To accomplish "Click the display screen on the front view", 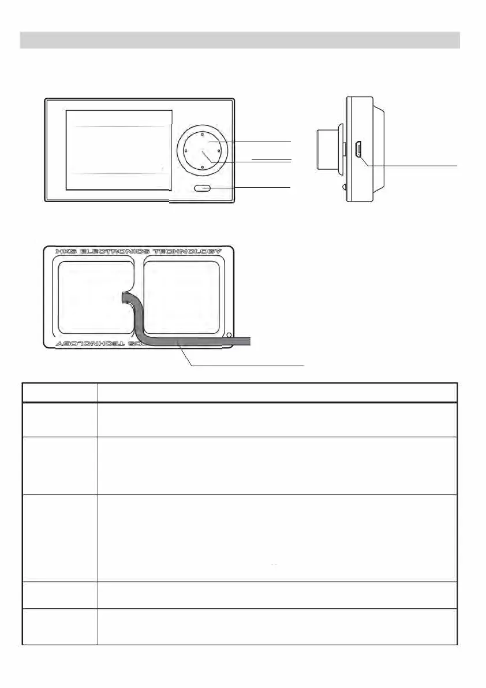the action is tap(118, 150).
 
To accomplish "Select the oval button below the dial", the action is tap(203, 188).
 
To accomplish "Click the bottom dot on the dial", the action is tap(203, 167).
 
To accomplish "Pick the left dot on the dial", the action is tap(185, 150).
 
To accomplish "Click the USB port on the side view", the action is tap(358, 150).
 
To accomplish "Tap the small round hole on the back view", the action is tap(229, 335).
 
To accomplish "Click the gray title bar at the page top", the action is tap(240, 40).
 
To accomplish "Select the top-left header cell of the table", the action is tap(59, 392).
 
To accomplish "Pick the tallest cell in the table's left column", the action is tap(59, 538).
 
